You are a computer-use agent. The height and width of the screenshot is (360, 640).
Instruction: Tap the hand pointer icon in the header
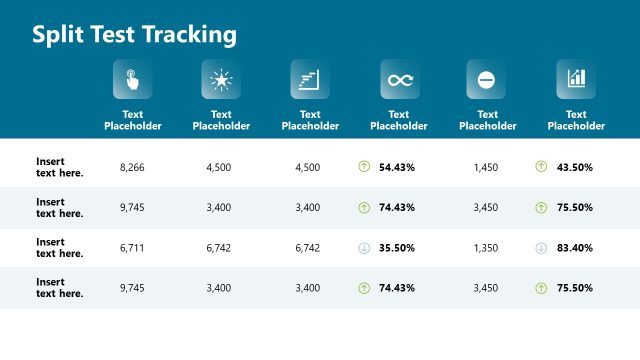pos(132,79)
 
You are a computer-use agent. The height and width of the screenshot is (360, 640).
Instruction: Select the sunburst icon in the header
pos(221,79)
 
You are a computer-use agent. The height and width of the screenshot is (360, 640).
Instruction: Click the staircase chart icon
pos(310,79)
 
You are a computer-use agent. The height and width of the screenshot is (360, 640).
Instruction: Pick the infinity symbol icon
pos(399,79)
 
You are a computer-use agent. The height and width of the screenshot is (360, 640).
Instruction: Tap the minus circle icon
pos(487,79)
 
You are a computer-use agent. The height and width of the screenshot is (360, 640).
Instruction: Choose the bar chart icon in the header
pos(576,79)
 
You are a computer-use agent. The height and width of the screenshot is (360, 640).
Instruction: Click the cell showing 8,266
pos(132,167)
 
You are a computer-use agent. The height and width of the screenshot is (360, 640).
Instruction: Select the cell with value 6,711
pos(132,248)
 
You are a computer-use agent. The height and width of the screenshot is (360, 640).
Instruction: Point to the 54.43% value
pos(397,167)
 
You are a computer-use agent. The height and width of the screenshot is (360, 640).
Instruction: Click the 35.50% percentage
pos(397,248)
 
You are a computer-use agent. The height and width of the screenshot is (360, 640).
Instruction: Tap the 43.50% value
pos(575,167)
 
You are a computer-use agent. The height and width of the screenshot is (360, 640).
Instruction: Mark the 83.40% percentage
pos(575,248)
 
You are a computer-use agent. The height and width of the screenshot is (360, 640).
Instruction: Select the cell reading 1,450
pos(487,167)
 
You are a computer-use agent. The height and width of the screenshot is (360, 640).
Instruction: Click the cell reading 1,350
pos(487,248)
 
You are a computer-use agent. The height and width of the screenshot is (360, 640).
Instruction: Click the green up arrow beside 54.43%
pos(364,167)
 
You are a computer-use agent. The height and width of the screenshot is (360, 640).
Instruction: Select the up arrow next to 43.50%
pos(541,167)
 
